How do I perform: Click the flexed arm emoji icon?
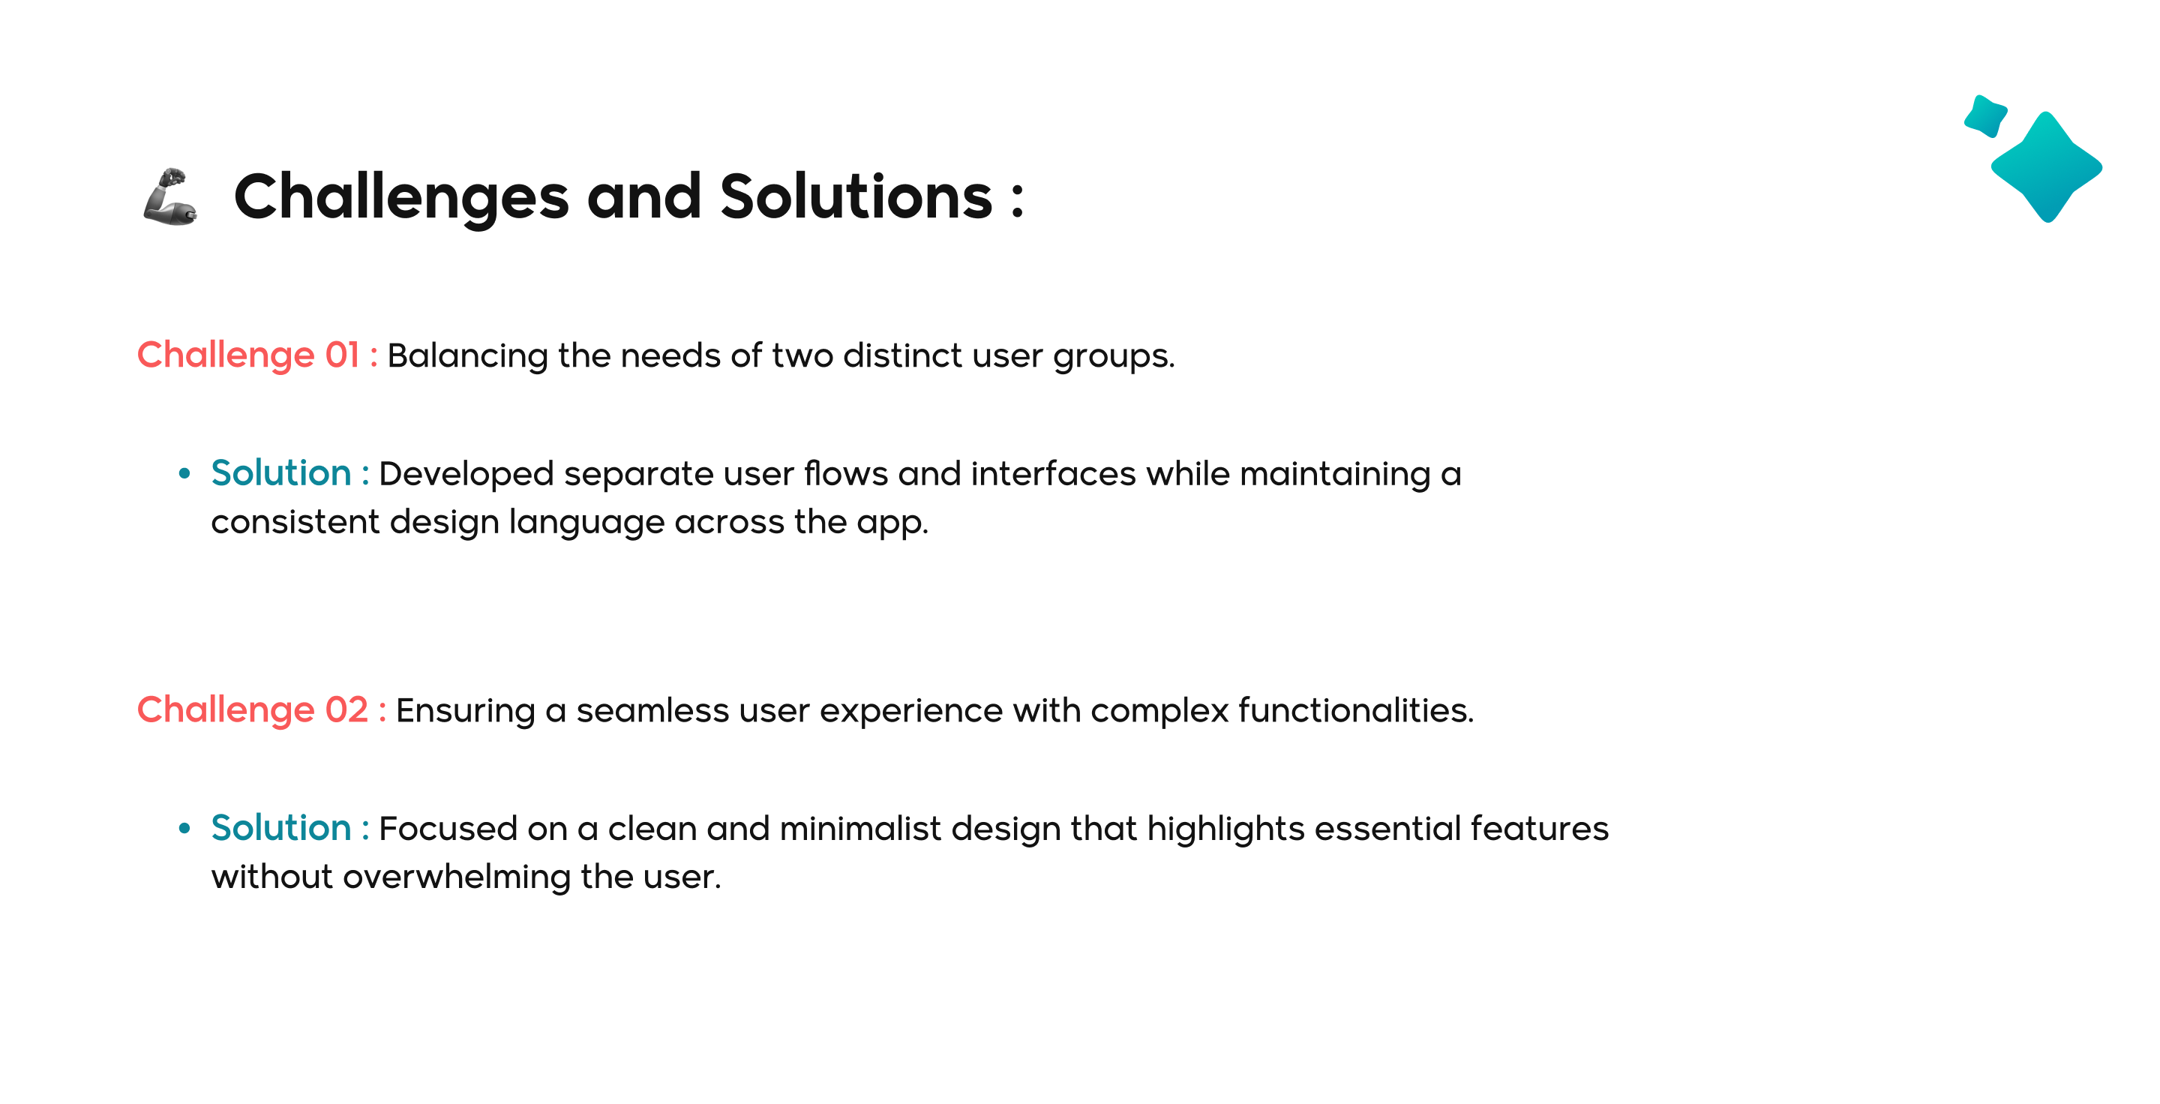tap(170, 197)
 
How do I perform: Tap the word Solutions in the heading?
tap(856, 196)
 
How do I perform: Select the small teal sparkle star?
tap(1985, 115)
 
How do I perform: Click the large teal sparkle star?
tap(2047, 166)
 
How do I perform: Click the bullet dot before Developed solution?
tap(184, 473)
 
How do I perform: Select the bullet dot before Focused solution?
tap(184, 828)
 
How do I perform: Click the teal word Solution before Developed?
tap(281, 473)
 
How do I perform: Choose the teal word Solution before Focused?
tap(281, 828)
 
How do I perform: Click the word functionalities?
tap(1356, 711)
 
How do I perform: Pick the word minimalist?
tap(860, 829)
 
